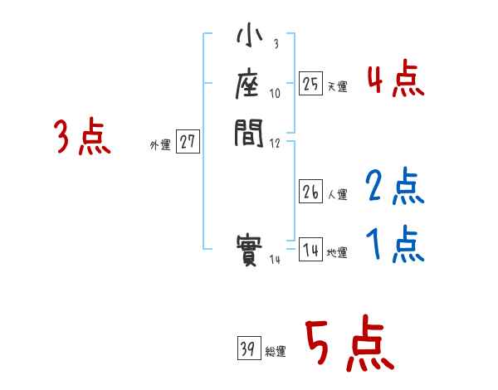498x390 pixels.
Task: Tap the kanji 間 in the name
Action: (x=250, y=131)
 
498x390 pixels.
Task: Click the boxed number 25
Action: (x=310, y=83)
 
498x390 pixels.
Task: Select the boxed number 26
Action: (x=310, y=193)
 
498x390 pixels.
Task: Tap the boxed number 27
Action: (x=187, y=142)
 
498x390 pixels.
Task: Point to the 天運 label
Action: (x=338, y=86)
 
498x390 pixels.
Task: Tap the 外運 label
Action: (x=160, y=145)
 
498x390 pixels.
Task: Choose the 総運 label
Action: (x=276, y=352)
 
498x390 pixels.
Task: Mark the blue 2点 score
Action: (x=395, y=188)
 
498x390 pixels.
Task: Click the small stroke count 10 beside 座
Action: (x=275, y=94)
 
